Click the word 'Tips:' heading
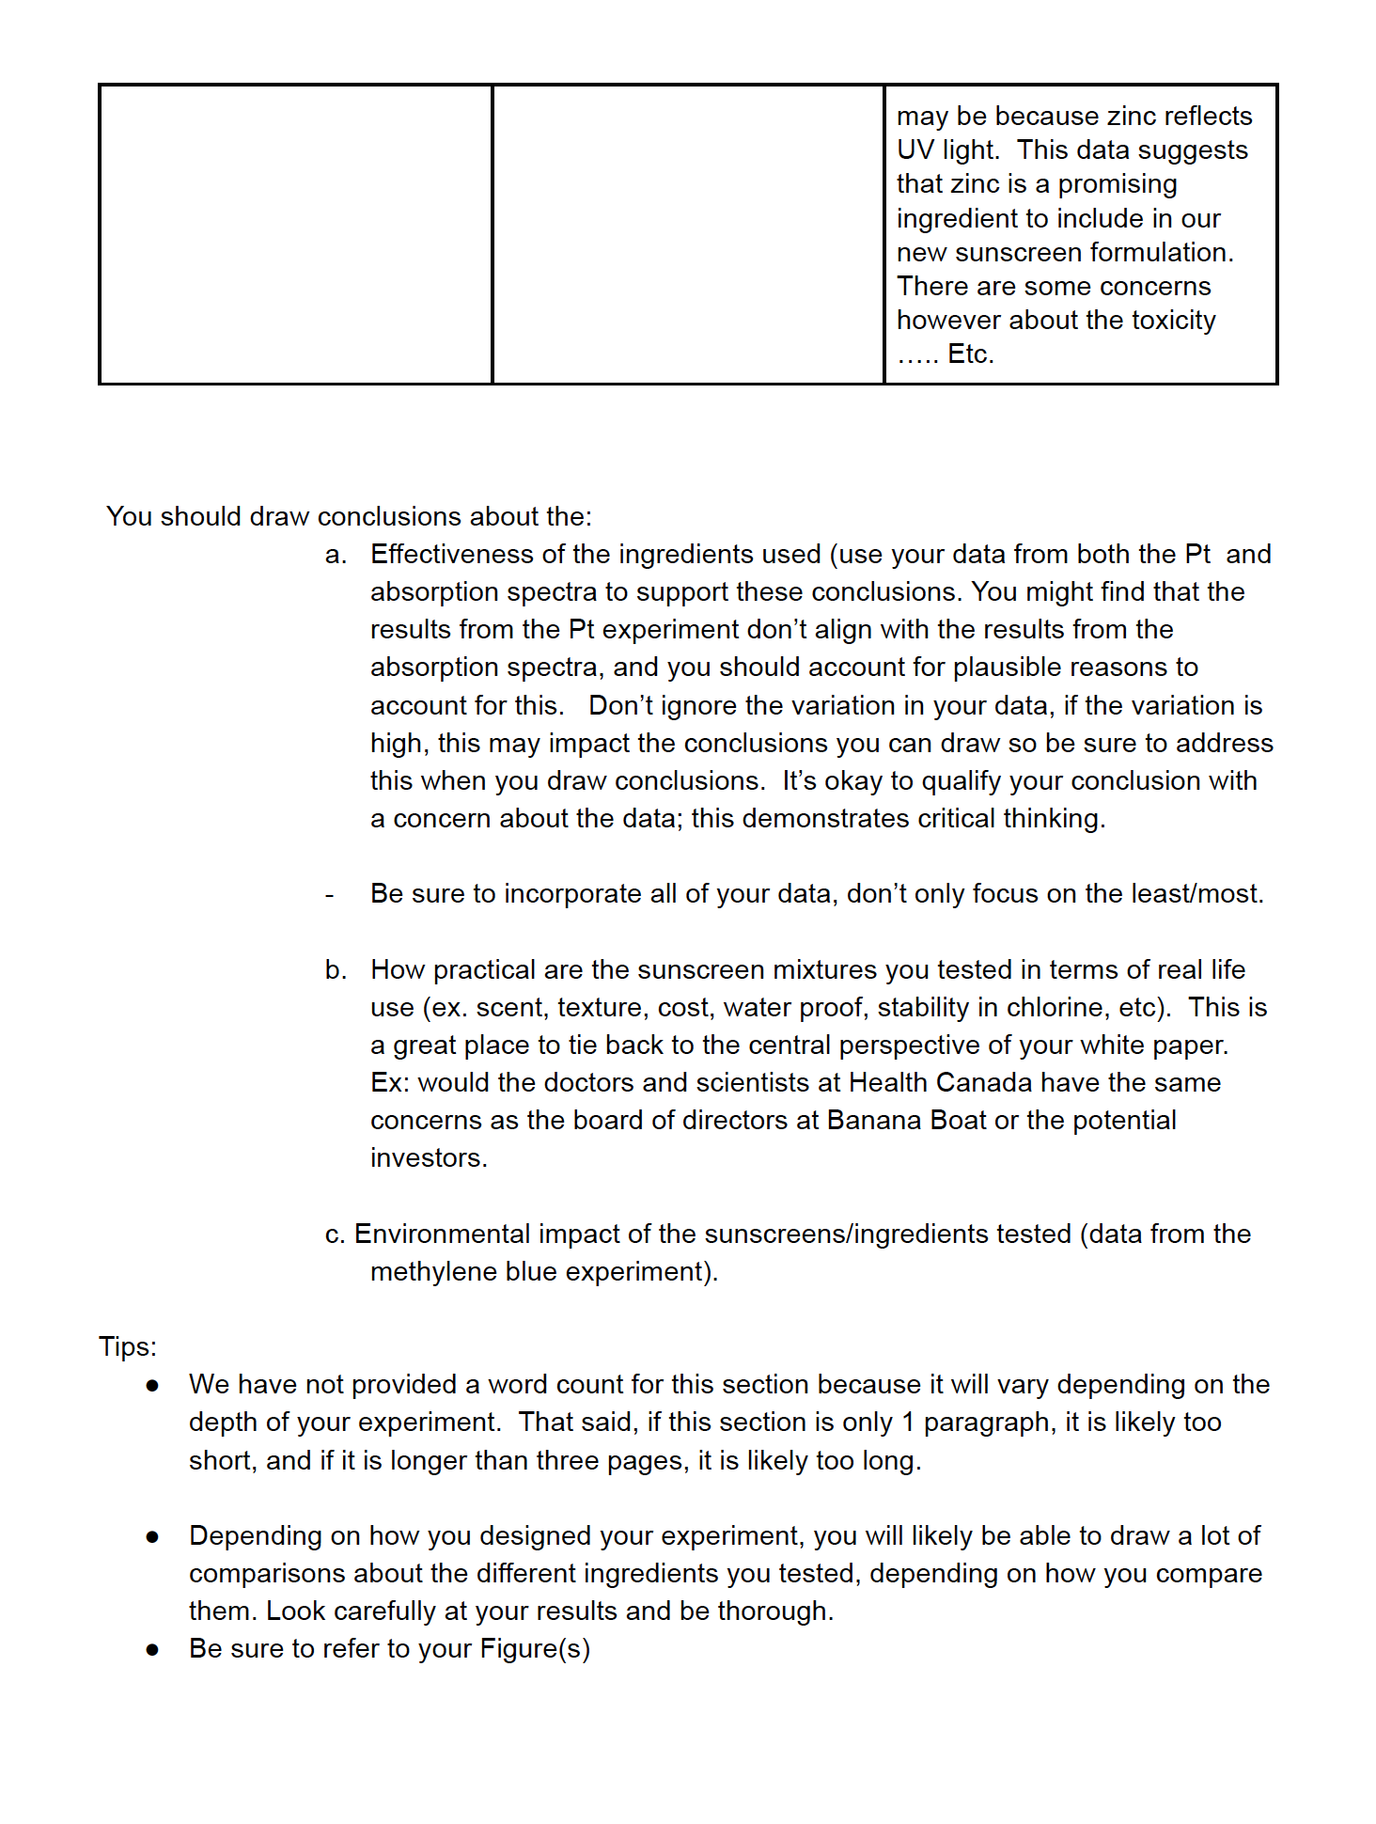pos(128,1346)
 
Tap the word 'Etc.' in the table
pos(970,354)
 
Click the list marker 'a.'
pos(336,555)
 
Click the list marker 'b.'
pos(336,970)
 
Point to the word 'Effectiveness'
pos(452,555)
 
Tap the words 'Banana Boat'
pos(906,1121)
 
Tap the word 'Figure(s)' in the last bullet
pos(534,1649)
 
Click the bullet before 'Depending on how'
pos(152,1537)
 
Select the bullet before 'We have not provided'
pos(152,1386)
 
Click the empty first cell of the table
pos(296,234)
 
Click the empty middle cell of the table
pos(688,234)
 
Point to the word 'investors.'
pos(429,1158)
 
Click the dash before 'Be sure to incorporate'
pos(330,895)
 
